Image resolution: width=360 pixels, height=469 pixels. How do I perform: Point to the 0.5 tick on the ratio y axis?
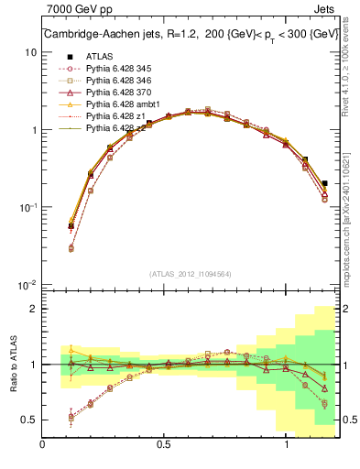point(29,420)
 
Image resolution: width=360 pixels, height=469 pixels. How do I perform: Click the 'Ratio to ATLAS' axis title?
point(12,365)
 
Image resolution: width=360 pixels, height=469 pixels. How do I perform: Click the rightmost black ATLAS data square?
point(325,183)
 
